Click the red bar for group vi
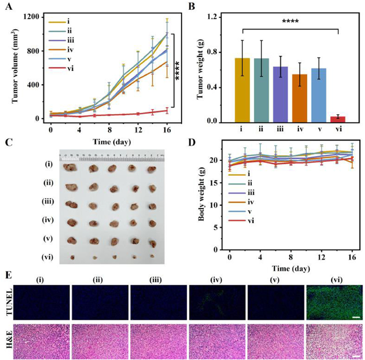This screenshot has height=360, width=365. tap(338, 119)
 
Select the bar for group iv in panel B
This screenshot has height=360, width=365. tap(285, 98)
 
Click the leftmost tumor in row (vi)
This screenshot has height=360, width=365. tap(72, 257)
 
